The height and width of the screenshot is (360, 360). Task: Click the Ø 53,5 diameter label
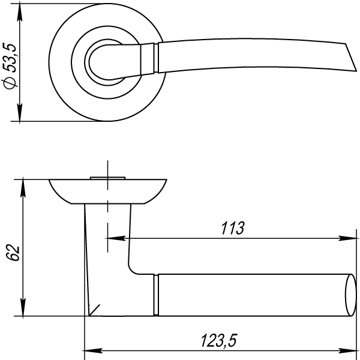click(10, 65)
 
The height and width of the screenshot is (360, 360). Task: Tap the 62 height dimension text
click(13, 253)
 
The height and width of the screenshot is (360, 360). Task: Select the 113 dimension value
click(233, 228)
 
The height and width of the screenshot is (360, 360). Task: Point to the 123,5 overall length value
click(218, 340)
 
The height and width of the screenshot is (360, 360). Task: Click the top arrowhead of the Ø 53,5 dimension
click(20, 13)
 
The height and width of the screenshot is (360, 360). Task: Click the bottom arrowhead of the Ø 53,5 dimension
click(20, 112)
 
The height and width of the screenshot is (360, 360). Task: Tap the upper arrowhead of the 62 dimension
click(23, 188)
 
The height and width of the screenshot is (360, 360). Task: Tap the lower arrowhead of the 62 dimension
click(23, 307)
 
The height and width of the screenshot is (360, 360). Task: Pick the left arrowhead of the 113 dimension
click(116, 238)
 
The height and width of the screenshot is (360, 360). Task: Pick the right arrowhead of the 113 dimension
click(347, 238)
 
